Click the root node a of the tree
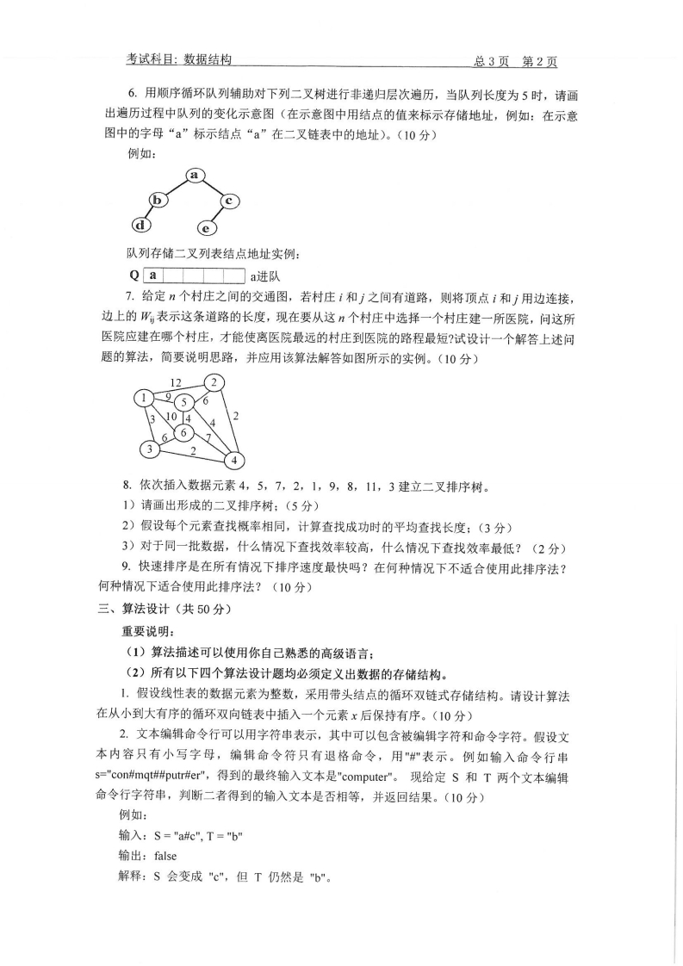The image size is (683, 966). [x=194, y=176]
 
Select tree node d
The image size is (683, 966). [x=140, y=226]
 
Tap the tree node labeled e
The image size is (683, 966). [x=207, y=228]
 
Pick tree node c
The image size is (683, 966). [x=228, y=201]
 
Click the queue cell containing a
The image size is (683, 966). [x=152, y=276]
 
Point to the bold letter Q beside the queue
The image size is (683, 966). [x=133, y=276]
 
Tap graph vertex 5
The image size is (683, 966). [x=183, y=403]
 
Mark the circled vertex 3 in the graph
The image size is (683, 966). [x=149, y=449]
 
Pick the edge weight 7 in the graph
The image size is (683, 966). [x=208, y=438]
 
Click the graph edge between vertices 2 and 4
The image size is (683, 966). [x=226, y=421]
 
